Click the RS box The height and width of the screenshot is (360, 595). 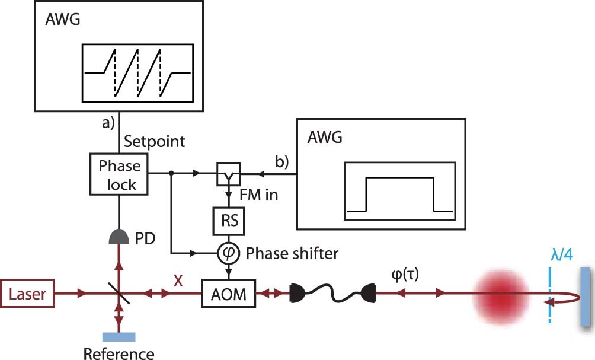click(229, 220)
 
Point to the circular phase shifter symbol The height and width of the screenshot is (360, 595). click(229, 254)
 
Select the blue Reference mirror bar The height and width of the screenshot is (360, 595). click(119, 336)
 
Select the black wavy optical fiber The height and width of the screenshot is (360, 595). click(332, 294)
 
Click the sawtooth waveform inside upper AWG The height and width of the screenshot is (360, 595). click(137, 72)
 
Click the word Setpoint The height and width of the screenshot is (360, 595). click(154, 142)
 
